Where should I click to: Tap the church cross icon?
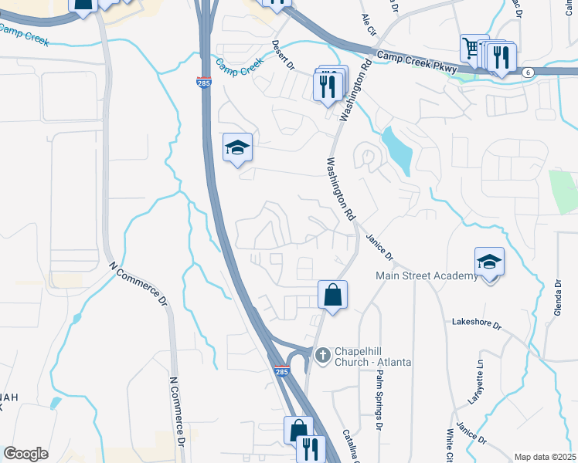point(323,354)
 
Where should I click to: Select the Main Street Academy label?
point(427,275)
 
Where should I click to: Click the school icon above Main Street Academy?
point(489,262)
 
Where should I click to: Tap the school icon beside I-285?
point(237,147)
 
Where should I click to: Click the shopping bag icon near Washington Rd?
point(332,294)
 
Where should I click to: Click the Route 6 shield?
point(527,72)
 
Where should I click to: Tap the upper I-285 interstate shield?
point(204,83)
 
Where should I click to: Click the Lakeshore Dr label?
point(477,323)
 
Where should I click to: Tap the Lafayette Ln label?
point(481,375)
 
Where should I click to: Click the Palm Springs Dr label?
point(379,400)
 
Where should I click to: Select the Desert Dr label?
point(283,55)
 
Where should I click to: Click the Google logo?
point(26,454)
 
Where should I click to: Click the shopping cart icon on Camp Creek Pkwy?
point(471,48)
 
